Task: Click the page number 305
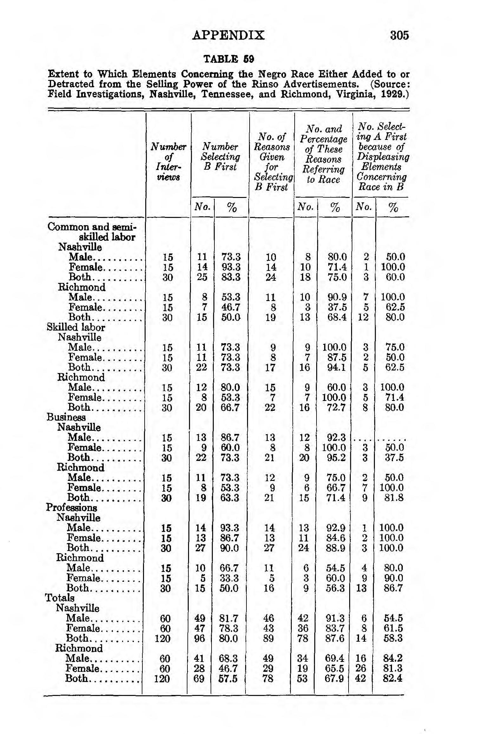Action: [x=399, y=35]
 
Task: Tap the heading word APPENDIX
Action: [x=228, y=35]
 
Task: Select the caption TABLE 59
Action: [x=228, y=59]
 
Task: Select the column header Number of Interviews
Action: [x=168, y=162]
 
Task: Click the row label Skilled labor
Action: [x=76, y=327]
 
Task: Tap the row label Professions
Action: [x=71, y=507]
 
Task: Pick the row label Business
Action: [x=66, y=417]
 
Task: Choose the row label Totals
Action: [x=60, y=598]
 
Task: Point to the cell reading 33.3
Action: [x=229, y=578]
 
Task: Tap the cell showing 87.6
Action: [x=335, y=638]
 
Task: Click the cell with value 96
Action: [x=199, y=638]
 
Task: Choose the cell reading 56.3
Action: [x=335, y=588]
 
